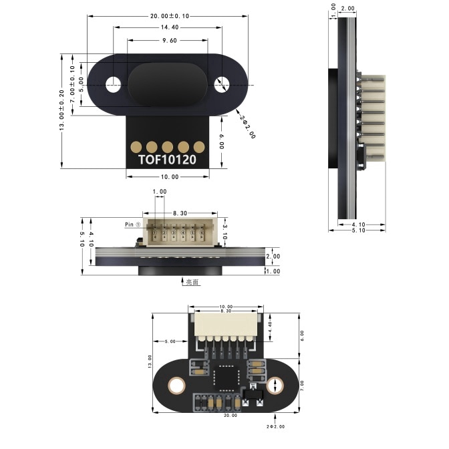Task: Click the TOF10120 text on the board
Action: pos(171,160)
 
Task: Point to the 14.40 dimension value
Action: pos(169,27)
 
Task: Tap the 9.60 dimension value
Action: pos(169,40)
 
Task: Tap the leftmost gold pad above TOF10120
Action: pos(136,146)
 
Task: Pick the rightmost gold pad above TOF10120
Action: pos(198,146)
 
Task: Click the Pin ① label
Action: pos(132,224)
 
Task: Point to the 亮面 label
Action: pos(192,282)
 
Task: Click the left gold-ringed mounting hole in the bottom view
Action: pos(176,385)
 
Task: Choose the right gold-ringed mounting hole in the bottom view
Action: pos(275,385)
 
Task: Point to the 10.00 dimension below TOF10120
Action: pos(170,177)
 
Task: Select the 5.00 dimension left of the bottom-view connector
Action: pos(170,341)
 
